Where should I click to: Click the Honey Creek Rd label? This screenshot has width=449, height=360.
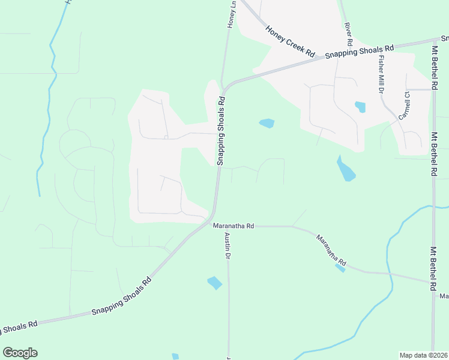tap(290, 41)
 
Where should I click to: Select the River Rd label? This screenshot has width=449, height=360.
tap(348, 35)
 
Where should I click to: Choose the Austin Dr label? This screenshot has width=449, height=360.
tap(228, 247)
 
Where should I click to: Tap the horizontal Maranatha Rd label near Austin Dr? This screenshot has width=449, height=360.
tap(234, 226)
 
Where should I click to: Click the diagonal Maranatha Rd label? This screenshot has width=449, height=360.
tap(331, 250)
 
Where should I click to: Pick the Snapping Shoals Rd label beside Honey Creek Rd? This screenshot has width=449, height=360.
tap(359, 51)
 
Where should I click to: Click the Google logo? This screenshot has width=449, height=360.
tap(20, 353)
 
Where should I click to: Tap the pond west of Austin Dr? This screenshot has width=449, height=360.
tap(214, 283)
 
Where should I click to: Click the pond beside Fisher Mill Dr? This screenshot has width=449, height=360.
tap(360, 107)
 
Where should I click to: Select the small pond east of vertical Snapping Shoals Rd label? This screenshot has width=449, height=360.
tap(267, 124)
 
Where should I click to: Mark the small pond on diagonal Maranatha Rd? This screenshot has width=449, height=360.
tap(340, 268)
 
